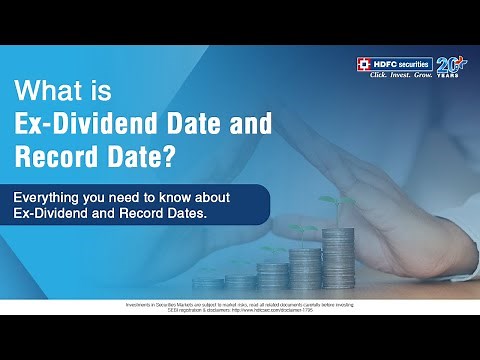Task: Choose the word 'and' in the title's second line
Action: tap(218, 124)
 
